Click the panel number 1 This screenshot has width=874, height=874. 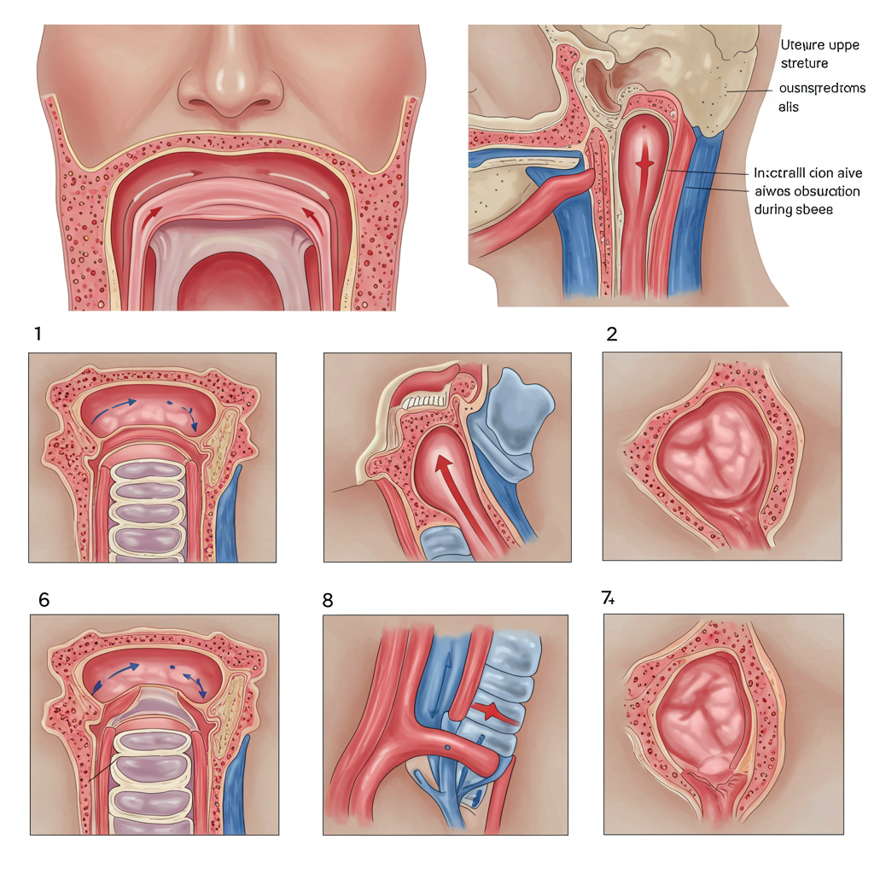[38, 334]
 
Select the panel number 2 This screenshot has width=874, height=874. [611, 334]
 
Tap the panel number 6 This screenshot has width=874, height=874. [44, 600]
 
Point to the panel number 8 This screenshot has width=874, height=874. [328, 600]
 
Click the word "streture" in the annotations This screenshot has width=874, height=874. [805, 63]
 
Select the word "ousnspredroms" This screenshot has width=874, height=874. [822, 88]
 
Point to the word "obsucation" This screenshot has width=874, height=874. [825, 190]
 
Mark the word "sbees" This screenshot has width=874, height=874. [816, 208]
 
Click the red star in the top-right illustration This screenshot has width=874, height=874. [645, 162]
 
